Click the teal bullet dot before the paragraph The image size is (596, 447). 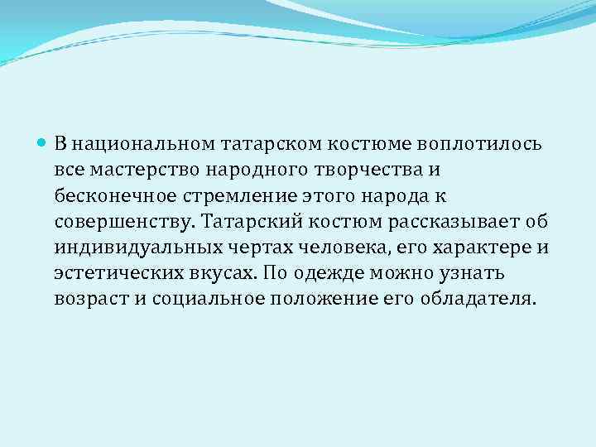43,143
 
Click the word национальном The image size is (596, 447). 143,144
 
